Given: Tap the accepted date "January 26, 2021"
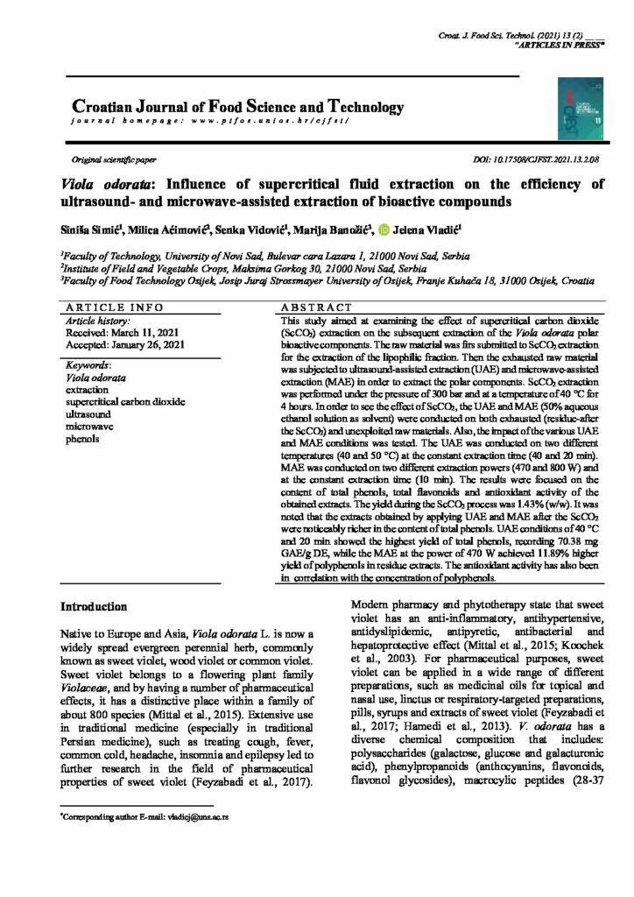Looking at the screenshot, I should [151, 345].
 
